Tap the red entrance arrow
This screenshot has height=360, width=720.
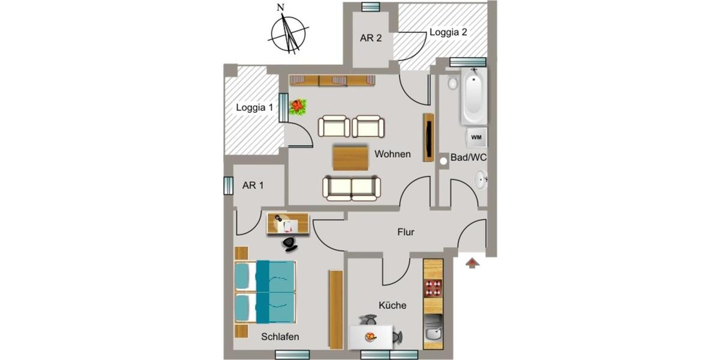tap(473, 263)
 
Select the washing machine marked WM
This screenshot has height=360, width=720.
tap(476, 137)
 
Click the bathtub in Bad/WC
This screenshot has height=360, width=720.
tap(474, 96)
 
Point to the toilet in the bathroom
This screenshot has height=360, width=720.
tap(452, 82)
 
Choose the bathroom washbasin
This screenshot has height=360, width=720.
tap(481, 179)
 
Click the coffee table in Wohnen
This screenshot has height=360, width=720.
tap(350, 158)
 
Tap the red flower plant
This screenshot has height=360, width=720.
tap(298, 107)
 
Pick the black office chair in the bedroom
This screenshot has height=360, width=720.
tap(290, 243)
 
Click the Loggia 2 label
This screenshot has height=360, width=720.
tap(448, 32)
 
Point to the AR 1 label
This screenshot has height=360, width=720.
tap(253, 185)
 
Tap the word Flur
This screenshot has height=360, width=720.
tap(406, 232)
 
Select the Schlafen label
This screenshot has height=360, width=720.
tap(280, 337)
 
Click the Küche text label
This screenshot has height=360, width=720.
tap(392, 305)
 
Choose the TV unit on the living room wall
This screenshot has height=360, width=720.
tap(428, 137)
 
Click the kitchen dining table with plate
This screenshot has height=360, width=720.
tap(371, 337)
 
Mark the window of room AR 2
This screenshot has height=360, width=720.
tap(371, 7)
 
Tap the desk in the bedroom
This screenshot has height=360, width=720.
tap(288, 223)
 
